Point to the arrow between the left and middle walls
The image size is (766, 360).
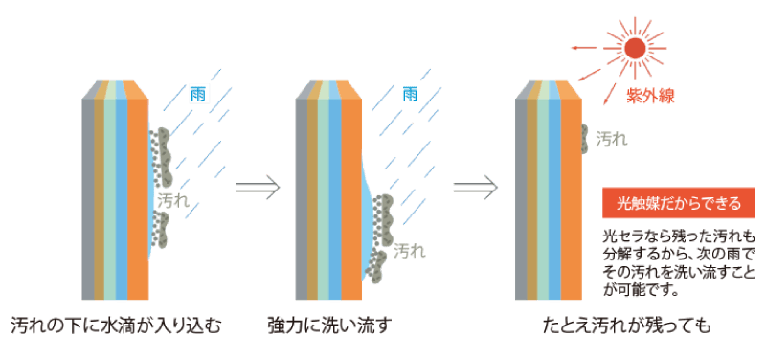click(257, 185)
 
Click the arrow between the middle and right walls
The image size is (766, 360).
click(476, 185)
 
